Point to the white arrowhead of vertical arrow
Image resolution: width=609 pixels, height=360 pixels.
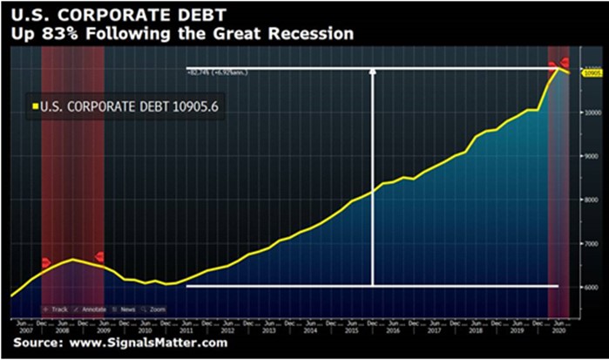pyautogui.click(x=373, y=73)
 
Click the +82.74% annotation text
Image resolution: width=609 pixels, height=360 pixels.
pyautogui.click(x=207, y=72)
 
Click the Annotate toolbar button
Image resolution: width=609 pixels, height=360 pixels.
pyautogui.click(x=91, y=309)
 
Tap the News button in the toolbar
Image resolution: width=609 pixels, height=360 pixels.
pyautogui.click(x=125, y=309)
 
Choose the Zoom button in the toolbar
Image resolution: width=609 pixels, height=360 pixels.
pyautogui.click(x=155, y=309)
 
